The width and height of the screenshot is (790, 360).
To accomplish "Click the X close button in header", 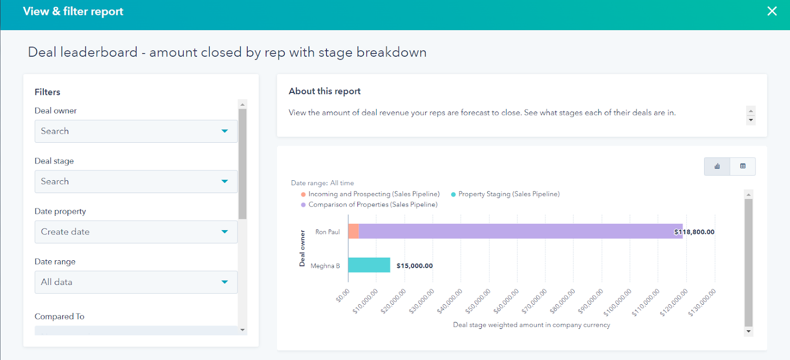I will click(772, 11).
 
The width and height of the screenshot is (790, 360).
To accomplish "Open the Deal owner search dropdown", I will click(136, 131).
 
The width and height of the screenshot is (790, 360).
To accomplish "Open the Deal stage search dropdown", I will click(136, 182).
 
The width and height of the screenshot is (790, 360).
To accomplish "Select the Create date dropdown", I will click(136, 232).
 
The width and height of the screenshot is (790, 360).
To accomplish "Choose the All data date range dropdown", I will click(136, 282).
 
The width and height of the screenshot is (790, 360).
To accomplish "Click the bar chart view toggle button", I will click(717, 166).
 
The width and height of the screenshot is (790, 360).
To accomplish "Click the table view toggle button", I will click(743, 166).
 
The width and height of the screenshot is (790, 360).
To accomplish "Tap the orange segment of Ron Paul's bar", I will click(354, 231).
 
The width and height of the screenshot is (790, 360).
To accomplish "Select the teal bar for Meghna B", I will click(369, 265).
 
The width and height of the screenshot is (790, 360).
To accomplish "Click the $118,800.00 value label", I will click(694, 232).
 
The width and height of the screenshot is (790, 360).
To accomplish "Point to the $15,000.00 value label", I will click(414, 266).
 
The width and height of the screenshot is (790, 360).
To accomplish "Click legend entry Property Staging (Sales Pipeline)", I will click(509, 194).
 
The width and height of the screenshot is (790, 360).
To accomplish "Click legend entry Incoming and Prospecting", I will click(373, 194).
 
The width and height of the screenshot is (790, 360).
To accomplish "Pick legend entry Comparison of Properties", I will click(372, 204).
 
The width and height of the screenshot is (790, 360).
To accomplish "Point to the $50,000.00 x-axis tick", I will click(478, 301).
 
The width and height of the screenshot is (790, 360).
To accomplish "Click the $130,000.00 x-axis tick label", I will click(703, 302).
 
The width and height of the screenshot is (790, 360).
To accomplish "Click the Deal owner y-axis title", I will click(302, 248).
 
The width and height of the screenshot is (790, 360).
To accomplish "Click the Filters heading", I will click(47, 92).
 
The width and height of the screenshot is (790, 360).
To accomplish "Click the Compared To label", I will click(59, 317).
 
